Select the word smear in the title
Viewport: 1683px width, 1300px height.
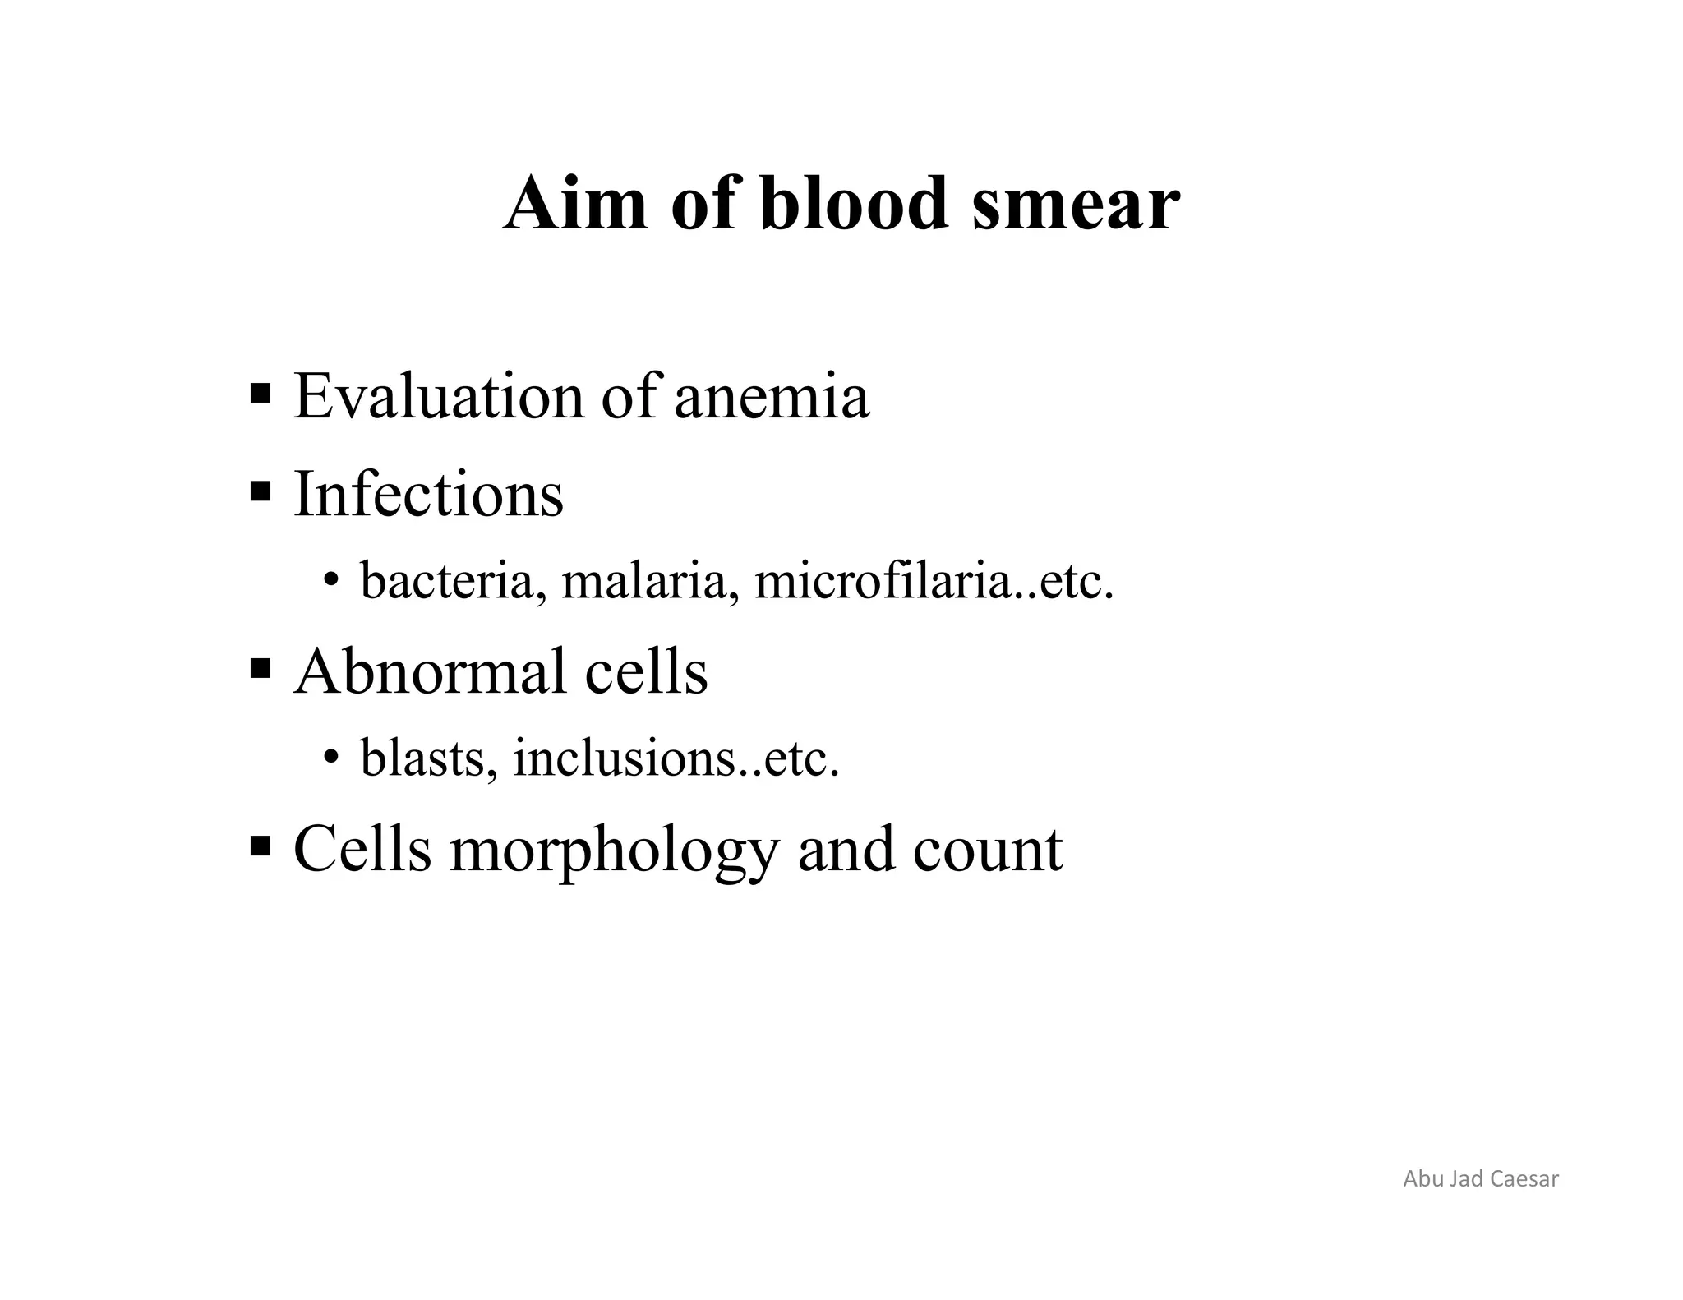[1076, 205]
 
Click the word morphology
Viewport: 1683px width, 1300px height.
[612, 851]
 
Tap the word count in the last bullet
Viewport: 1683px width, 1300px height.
[987, 851]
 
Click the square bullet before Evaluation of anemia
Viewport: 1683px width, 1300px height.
[261, 393]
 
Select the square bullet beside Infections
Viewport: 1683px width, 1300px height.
[261, 491]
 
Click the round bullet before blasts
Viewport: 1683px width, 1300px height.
[330, 757]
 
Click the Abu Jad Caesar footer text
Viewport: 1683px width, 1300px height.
[1480, 1178]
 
